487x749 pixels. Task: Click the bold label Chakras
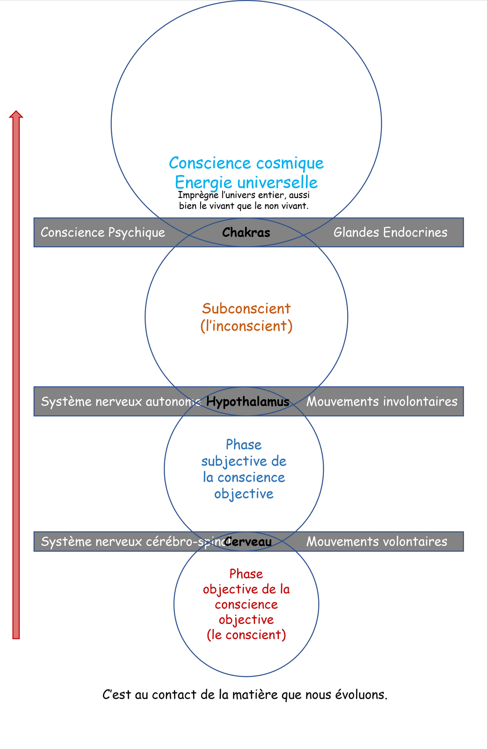pyautogui.click(x=246, y=233)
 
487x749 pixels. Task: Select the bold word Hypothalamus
pyautogui.click(x=247, y=402)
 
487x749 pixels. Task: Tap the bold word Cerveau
pyautogui.click(x=248, y=542)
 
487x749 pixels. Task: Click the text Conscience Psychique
pyautogui.click(x=103, y=233)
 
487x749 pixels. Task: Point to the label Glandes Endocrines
pyautogui.click(x=390, y=233)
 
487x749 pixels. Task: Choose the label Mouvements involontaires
pyautogui.click(x=382, y=402)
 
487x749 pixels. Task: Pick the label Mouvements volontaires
pyautogui.click(x=377, y=542)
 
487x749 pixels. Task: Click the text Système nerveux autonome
pyautogui.click(x=121, y=402)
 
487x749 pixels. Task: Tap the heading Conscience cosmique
pyautogui.click(x=246, y=163)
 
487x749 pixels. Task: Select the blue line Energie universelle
pyautogui.click(x=246, y=182)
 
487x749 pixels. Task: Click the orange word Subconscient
pyautogui.click(x=246, y=308)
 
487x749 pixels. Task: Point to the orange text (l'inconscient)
pyautogui.click(x=246, y=326)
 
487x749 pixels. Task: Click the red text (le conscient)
pyautogui.click(x=246, y=635)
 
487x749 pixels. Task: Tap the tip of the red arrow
pyautogui.click(x=16, y=112)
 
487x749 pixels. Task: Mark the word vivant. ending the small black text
pyautogui.click(x=296, y=206)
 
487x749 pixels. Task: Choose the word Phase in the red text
pyautogui.click(x=246, y=574)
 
